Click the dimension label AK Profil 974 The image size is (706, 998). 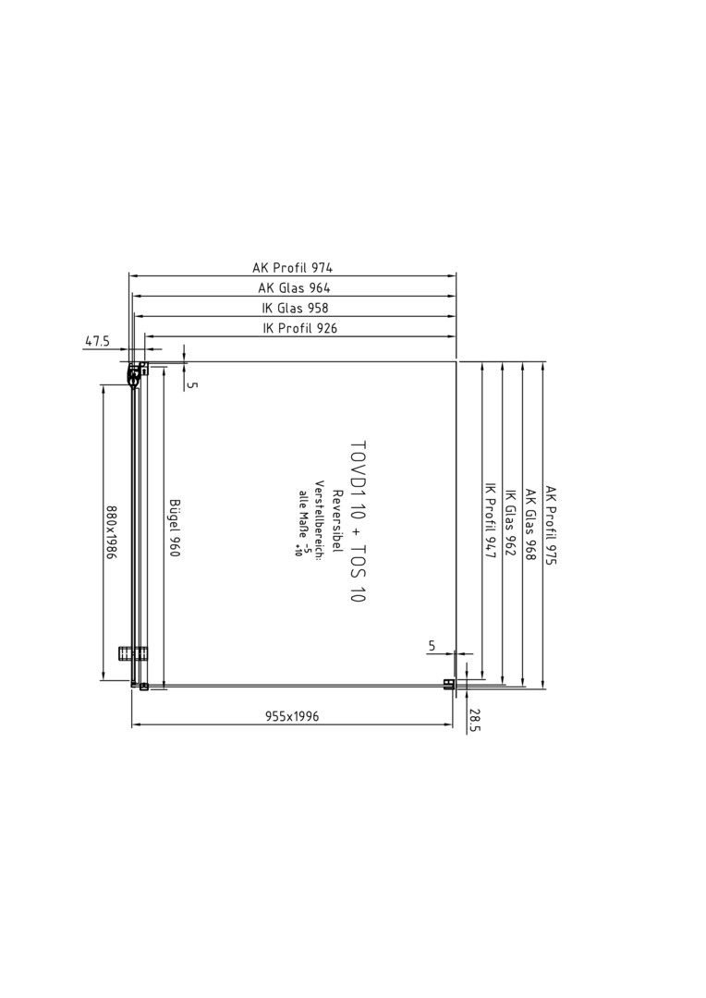pos(293,267)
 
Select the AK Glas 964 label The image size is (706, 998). pos(294,287)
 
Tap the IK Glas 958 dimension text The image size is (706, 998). pos(296,308)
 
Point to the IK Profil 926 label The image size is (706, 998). pos(299,328)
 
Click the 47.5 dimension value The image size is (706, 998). pos(97,341)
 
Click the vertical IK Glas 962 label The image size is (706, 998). pos(511,522)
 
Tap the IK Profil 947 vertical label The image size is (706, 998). pos(490,521)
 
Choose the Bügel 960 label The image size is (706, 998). pos(175,527)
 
